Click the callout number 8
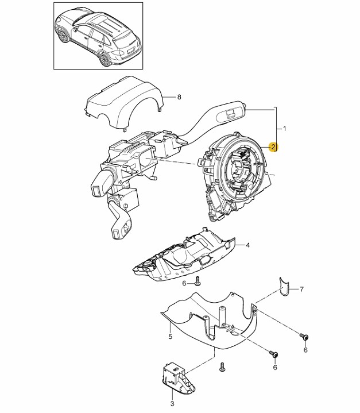click(179, 97)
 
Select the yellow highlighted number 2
click(274, 148)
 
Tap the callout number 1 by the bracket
click(285, 127)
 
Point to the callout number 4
click(247, 245)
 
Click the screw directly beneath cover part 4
click(197, 281)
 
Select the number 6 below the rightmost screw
click(305, 350)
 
